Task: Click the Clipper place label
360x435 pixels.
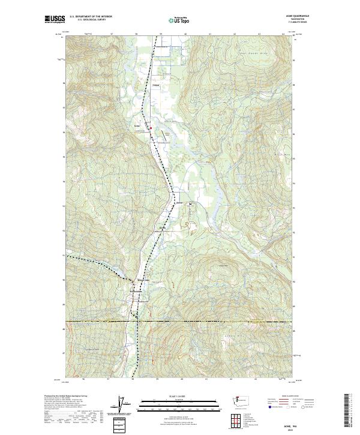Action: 157,86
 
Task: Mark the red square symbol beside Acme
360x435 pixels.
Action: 151,127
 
